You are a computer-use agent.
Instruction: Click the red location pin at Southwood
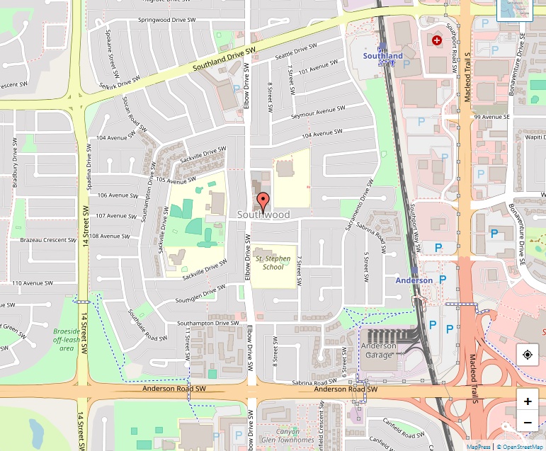(x=263, y=202)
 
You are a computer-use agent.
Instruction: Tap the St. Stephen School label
(x=273, y=263)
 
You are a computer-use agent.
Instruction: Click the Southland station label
(x=382, y=56)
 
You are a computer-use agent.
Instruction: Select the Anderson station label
(x=414, y=280)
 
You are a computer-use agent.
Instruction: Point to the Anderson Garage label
(x=379, y=350)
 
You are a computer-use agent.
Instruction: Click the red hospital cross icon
(x=437, y=41)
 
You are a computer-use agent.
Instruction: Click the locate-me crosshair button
(x=528, y=355)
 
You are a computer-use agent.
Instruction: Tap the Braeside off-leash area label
(x=67, y=339)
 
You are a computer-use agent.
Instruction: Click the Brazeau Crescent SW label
(x=48, y=241)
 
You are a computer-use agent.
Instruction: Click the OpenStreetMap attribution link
(x=521, y=447)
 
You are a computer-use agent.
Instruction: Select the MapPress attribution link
(x=479, y=447)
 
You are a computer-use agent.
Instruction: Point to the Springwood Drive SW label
(x=166, y=20)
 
